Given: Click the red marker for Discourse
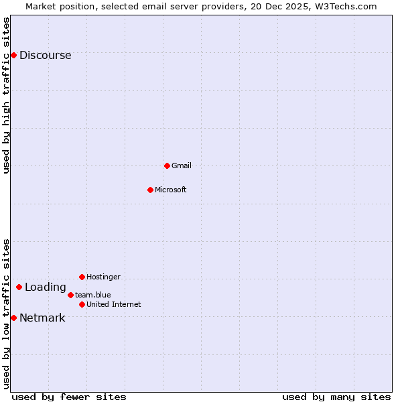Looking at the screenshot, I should pos(13,55).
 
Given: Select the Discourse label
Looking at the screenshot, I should pos(45,56).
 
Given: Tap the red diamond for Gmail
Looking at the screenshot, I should pos(167,165).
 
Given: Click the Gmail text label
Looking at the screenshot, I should pos(182,165).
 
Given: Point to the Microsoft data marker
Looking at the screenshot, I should pos(150,190).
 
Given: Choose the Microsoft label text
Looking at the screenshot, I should pos(171,190).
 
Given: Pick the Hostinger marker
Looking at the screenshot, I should pos(82,277).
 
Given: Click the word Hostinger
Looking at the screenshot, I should pos(103,277).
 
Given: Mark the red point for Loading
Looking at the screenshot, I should pos(19,287).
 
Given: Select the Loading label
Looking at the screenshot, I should pos(46,287).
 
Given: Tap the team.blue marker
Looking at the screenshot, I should pos(70,295).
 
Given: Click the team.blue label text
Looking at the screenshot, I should pos(93,295).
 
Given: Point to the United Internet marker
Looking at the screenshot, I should pos(82,304).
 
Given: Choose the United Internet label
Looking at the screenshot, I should pos(114,304).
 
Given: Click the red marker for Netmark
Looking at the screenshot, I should pos(13,318).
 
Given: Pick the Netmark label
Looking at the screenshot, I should pos(42,318).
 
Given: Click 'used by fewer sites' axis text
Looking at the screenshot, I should pos(69,397).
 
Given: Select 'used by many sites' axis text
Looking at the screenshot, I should pos(336,397).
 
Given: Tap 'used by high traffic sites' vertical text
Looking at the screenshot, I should pos(7,95).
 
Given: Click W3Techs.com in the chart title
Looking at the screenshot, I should pos(346,6).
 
